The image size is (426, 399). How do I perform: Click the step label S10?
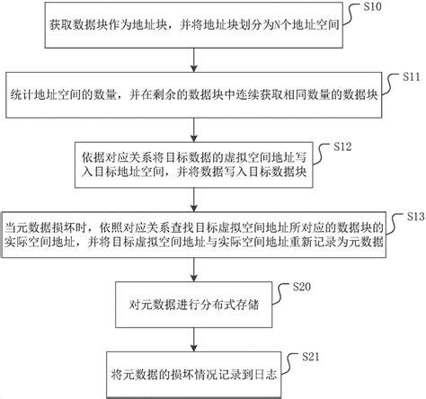click(372, 6)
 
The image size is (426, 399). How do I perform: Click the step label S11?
click(412, 77)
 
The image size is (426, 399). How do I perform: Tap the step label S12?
click(342, 146)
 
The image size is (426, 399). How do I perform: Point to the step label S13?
click(416, 217)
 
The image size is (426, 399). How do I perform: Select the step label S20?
click(302, 287)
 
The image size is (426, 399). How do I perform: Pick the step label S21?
click(311, 357)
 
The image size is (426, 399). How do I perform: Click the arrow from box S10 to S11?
click(194, 60)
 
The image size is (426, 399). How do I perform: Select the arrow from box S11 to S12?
click(194, 130)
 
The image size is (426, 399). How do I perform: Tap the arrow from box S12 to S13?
click(194, 200)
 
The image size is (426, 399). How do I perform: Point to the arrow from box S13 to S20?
click(194, 270)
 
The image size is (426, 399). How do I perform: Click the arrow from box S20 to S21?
click(194, 340)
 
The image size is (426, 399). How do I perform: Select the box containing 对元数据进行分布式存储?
click(194, 305)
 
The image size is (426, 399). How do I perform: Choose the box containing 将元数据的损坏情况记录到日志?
click(194, 375)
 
